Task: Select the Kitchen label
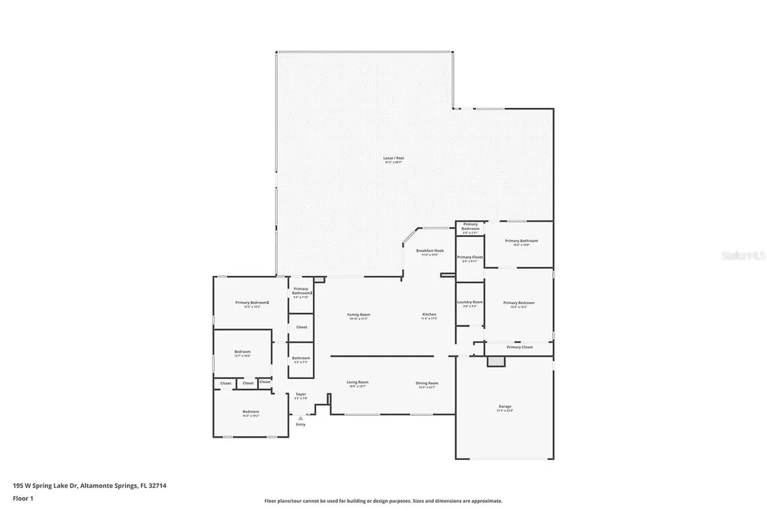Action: (x=429, y=315)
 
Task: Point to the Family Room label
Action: (x=359, y=315)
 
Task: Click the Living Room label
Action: (x=357, y=383)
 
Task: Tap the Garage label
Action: (x=505, y=407)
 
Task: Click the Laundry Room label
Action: (x=470, y=302)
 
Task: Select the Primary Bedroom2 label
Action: (x=252, y=303)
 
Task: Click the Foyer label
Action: (x=300, y=394)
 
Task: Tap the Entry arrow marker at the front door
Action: (x=300, y=419)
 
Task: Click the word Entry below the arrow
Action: (x=300, y=425)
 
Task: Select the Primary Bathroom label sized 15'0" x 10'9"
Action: (x=521, y=241)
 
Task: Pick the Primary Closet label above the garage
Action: (x=519, y=348)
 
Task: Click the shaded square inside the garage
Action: (x=496, y=361)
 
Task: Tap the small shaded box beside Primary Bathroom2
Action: (x=320, y=279)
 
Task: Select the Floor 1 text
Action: (x=24, y=498)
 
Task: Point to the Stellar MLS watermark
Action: (x=742, y=255)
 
